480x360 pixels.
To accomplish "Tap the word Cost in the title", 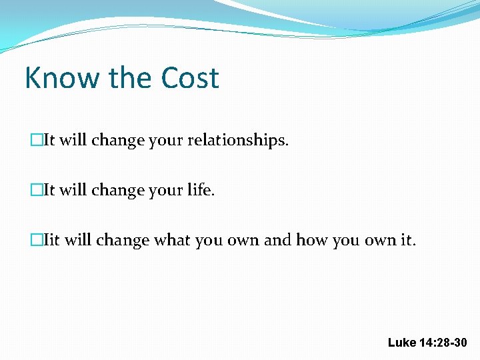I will [190, 78].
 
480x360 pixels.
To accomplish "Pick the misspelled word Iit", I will [51, 240].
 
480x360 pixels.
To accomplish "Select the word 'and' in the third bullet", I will [277, 240].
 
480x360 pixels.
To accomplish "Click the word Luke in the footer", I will [402, 343].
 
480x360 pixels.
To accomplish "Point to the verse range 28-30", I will [453, 343].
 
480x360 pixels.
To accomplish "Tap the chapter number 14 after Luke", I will [427, 343].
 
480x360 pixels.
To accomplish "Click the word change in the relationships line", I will [118, 141].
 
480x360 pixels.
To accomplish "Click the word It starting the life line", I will [49, 191].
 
